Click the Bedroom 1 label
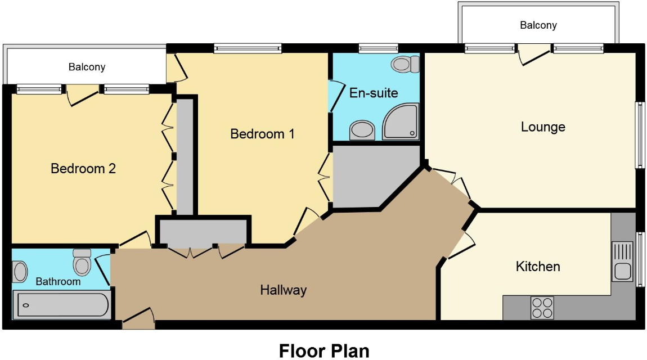click(262, 134)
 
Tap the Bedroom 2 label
click(83, 168)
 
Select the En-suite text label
click(374, 93)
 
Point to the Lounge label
click(543, 127)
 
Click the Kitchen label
click(538, 266)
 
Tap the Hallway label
click(283, 290)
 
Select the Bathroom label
click(58, 281)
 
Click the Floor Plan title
click(324, 350)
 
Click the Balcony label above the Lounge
click(538, 25)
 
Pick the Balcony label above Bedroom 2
click(87, 67)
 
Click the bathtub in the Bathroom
click(62, 305)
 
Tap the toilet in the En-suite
click(406, 64)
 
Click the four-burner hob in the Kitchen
click(542, 308)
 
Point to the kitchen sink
click(622, 262)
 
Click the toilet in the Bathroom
click(82, 262)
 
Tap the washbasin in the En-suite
click(362, 131)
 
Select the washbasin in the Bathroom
click(20, 272)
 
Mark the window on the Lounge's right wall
click(639, 134)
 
